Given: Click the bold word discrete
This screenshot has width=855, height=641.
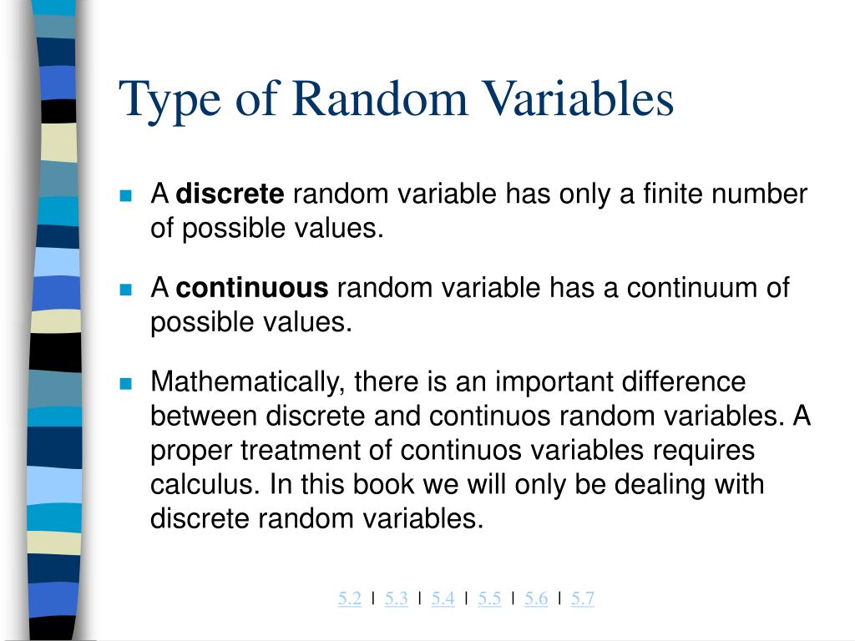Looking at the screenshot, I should pyautogui.click(x=230, y=194).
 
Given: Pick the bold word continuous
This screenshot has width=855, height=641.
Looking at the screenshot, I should pyautogui.click(x=253, y=288).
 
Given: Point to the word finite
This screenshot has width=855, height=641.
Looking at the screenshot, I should pyautogui.click(x=673, y=194).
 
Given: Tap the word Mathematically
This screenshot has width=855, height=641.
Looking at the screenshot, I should pyautogui.click(x=248, y=382).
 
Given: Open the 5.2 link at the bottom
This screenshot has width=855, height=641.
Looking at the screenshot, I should pyautogui.click(x=350, y=598).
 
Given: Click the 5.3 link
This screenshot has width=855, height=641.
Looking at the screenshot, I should pyautogui.click(x=397, y=598).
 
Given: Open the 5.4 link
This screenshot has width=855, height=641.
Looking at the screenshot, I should pyautogui.click(x=443, y=598).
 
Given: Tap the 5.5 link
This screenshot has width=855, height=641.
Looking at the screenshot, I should pyautogui.click(x=490, y=598).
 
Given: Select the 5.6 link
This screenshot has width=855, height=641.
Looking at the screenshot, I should pyautogui.click(x=536, y=598).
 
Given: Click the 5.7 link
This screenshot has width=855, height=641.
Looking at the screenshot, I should pyautogui.click(x=583, y=598).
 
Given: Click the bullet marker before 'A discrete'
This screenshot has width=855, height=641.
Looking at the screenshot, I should pyautogui.click(x=126, y=196).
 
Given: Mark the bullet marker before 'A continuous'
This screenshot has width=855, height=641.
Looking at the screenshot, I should pyautogui.click(x=126, y=290).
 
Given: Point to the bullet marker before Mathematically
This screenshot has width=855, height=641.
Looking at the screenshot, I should pyautogui.click(x=126, y=384).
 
